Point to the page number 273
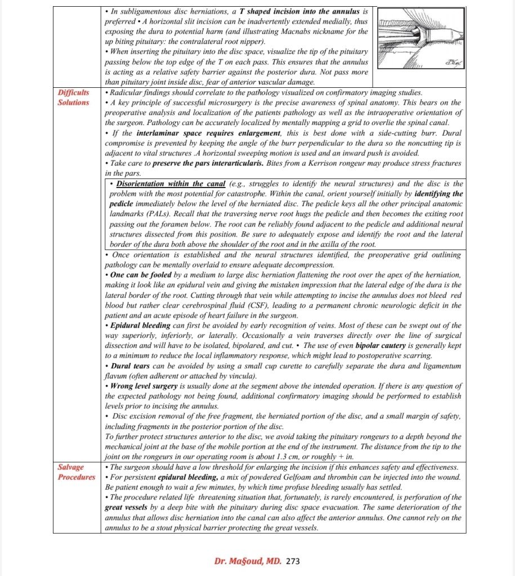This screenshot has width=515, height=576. click(293, 561)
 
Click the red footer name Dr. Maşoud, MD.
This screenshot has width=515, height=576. click(248, 561)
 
